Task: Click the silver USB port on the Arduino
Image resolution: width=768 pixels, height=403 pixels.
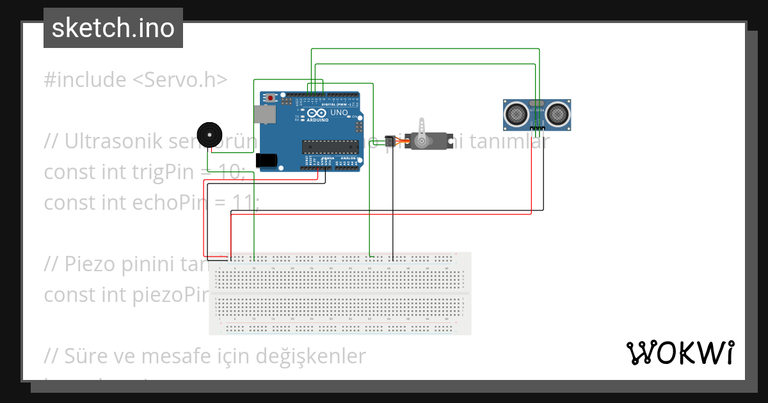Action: tap(264, 114)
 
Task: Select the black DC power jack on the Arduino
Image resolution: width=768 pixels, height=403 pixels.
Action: tap(268, 161)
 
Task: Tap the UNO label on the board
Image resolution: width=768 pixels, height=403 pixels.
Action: tap(340, 113)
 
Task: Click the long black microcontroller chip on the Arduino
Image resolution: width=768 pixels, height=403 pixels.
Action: tap(330, 147)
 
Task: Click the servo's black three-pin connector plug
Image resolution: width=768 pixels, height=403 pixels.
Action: tap(390, 141)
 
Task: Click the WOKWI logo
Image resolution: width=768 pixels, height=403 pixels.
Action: tap(680, 352)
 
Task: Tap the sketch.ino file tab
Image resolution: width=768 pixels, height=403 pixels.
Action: tap(113, 28)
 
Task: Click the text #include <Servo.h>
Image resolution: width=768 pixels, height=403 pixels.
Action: tap(136, 80)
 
